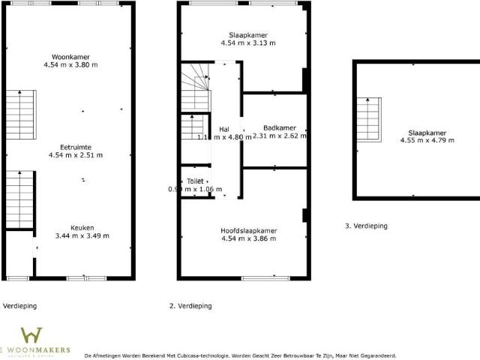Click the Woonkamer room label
[71, 57]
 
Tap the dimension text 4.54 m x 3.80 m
[71, 65]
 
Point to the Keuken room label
[82, 227]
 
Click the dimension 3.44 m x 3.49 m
[82, 235]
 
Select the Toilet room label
[195, 181]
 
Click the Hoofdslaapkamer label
[248, 230]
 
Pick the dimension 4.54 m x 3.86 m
[248, 238]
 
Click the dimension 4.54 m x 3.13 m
[248, 43]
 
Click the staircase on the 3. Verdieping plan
[368, 121]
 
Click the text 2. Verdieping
[190, 306]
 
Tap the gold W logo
[31, 335]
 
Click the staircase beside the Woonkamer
[21, 112]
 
